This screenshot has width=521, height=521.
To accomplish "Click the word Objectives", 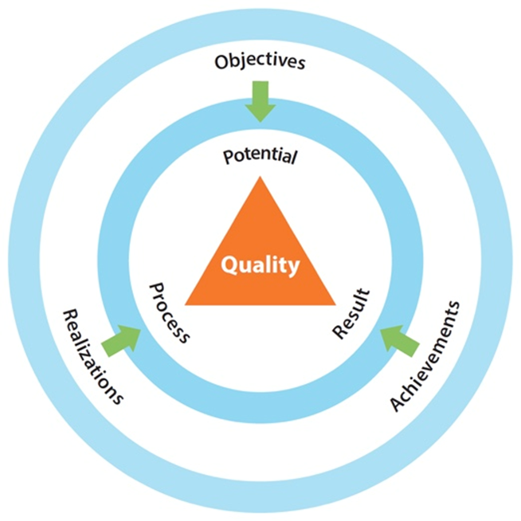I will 260,61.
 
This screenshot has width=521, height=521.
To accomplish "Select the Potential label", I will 260,155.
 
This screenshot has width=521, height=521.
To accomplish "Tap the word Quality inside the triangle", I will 260,265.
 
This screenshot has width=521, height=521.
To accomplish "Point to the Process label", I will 170,311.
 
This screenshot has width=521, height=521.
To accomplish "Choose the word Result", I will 351,311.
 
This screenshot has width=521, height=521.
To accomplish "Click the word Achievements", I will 425,355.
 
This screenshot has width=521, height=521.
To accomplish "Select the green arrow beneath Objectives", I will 260,100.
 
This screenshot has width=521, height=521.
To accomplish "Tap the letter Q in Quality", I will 229,265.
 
